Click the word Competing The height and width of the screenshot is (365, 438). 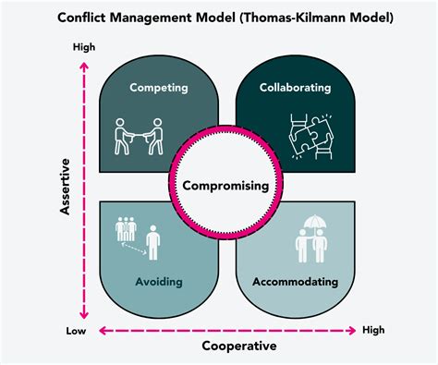pos(159,88)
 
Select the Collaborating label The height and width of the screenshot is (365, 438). pos(295,88)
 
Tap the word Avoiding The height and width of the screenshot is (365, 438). pos(159,282)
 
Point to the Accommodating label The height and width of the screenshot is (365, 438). pos(295,282)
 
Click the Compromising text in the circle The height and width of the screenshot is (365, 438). pos(225,186)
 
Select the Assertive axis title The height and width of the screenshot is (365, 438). pos(65,187)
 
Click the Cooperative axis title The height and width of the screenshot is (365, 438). pos(239,346)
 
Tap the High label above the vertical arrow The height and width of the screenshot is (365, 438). pos(84,47)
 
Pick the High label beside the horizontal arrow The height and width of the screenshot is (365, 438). pos(373,330)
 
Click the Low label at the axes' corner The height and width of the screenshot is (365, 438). pos(76,331)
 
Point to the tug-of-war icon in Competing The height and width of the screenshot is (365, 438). pos(139,136)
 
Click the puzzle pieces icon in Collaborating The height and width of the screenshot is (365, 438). pos(311,137)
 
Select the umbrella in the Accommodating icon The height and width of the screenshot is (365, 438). pos(315,223)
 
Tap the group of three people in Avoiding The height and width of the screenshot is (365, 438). pos(126,229)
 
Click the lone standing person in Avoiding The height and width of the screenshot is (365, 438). pos(153,242)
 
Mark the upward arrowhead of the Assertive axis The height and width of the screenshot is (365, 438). pos(84,66)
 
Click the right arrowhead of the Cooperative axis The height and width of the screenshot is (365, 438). pos(351,331)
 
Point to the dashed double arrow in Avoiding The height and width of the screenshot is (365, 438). pos(134,249)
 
